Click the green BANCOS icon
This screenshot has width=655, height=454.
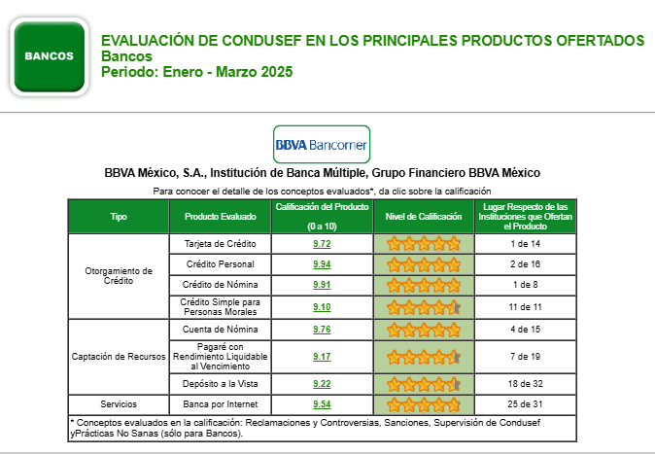coord(51,56)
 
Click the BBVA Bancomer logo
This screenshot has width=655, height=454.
coord(321,145)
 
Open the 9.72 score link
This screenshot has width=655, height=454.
coord(322,243)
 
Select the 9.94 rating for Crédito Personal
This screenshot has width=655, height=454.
coord(322,264)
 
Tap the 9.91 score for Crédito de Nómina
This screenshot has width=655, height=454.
coord(322,286)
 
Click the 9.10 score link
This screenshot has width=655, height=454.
coord(322,307)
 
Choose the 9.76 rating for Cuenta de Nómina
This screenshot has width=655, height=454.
coord(322,330)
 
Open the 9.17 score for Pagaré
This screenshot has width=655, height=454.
coord(322,357)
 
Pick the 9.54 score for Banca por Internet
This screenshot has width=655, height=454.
coord(322,403)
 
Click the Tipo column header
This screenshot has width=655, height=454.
coord(119,217)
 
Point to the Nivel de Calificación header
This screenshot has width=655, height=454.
coord(423,217)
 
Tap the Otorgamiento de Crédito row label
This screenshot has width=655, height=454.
coord(119,275)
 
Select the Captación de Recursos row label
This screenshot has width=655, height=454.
coord(119,357)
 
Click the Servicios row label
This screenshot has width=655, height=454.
coord(119,403)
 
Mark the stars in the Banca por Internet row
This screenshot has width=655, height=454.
coord(423,403)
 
